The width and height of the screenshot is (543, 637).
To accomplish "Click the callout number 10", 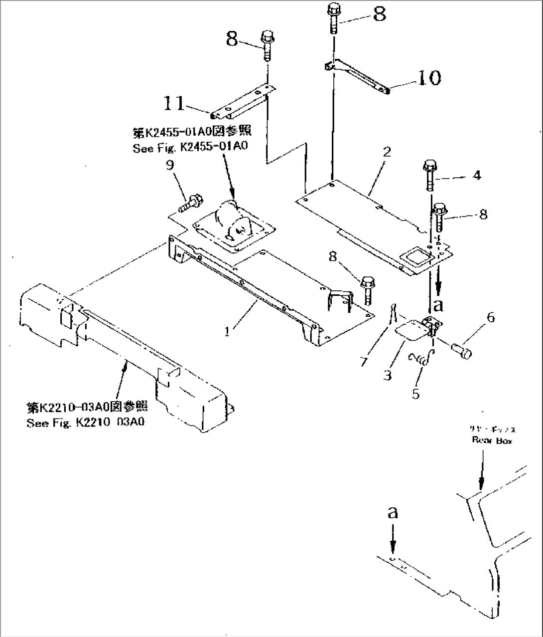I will click(429, 77).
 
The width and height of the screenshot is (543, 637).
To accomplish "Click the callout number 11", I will click(174, 104).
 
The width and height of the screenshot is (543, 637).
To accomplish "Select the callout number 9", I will click(171, 165).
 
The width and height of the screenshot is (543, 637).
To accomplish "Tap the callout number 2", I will click(387, 153).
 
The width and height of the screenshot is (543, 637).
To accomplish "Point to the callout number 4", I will click(476, 176).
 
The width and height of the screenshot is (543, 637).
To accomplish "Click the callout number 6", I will click(490, 317).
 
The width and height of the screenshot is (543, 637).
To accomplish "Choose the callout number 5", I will click(415, 394).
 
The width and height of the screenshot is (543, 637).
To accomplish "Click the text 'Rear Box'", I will click(491, 440).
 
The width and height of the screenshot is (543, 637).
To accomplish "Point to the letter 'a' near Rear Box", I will click(393, 512).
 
